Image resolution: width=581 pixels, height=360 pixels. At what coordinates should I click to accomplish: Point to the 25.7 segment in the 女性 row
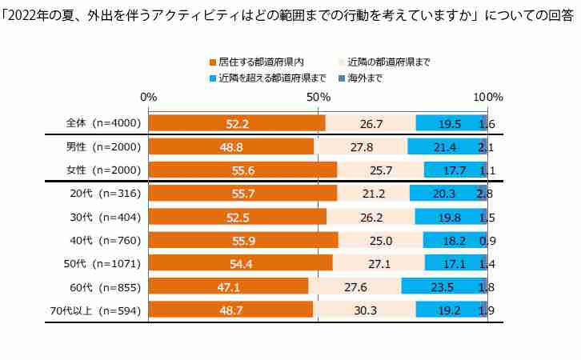coord(381,170)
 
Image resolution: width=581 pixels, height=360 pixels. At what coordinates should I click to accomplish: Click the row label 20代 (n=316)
coord(105,193)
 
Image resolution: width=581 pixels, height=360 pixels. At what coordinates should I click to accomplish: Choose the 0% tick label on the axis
coord(148,97)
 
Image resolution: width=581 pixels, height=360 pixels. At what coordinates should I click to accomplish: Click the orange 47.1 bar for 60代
coord(229,286)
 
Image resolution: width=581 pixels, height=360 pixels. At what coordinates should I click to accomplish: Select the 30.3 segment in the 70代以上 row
coord(365,310)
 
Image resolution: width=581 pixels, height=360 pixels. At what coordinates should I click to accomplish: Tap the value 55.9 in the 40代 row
coord(243,240)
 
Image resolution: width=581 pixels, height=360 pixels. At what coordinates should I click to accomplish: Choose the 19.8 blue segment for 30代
coord(449,217)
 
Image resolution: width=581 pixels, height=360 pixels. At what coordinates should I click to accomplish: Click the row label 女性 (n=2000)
coord(103,170)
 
